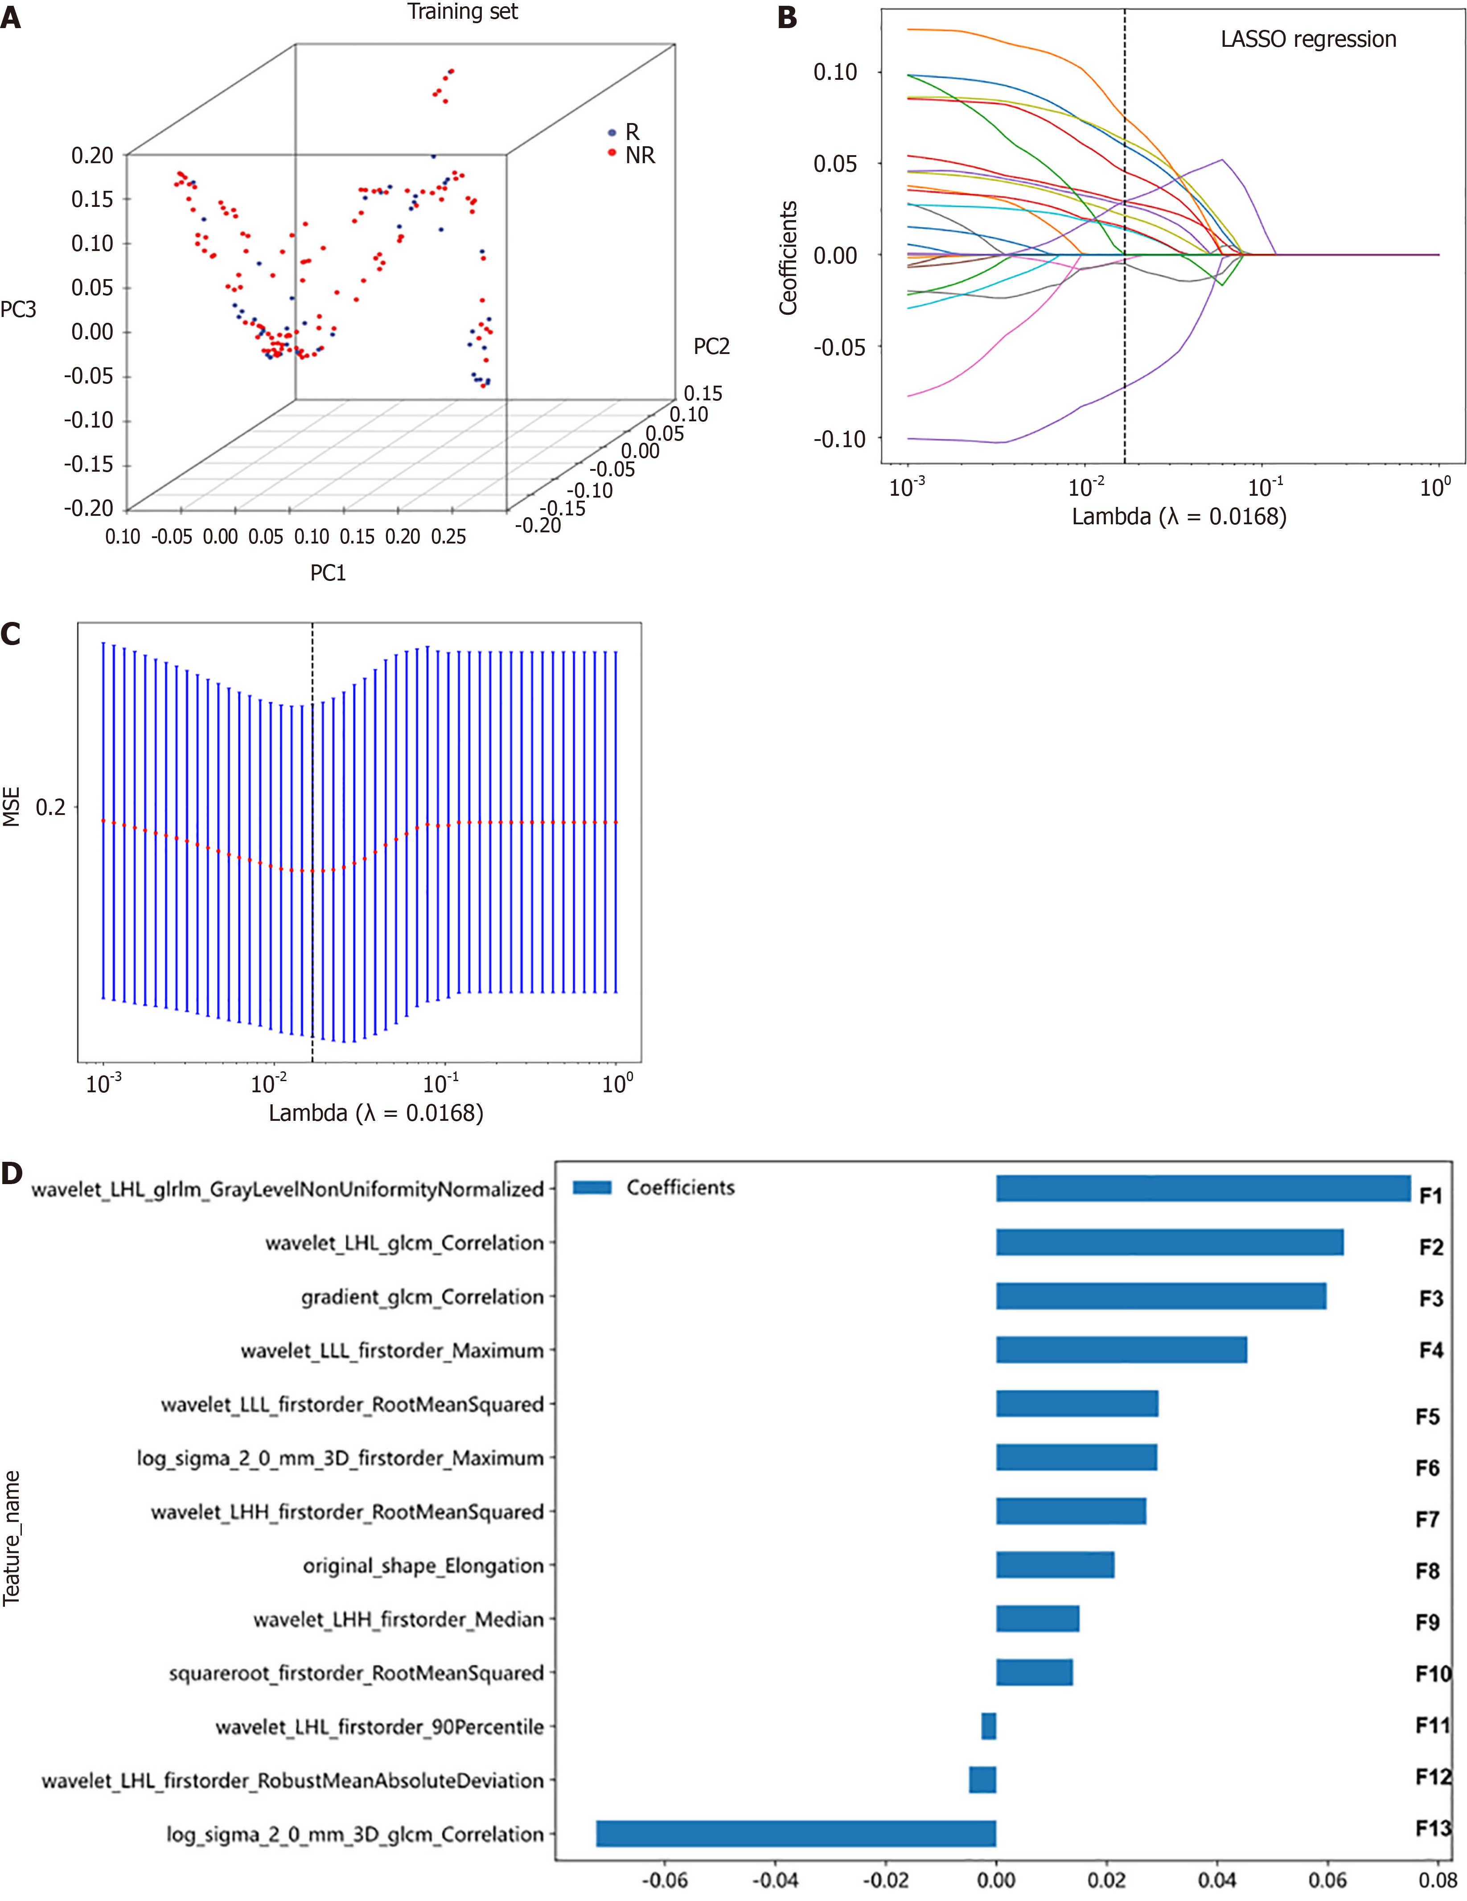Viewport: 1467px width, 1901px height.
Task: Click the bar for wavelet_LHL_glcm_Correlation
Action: click(x=1168, y=1242)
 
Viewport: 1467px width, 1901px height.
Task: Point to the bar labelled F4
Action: click(x=1121, y=1350)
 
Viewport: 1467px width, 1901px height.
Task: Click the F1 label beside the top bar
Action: click(x=1430, y=1196)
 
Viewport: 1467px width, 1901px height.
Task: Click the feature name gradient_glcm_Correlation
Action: click(x=422, y=1297)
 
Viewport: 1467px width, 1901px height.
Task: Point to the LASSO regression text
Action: click(x=1308, y=39)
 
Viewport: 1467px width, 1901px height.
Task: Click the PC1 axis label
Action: click(x=328, y=573)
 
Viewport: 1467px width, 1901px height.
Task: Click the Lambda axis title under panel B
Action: click(x=1178, y=517)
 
